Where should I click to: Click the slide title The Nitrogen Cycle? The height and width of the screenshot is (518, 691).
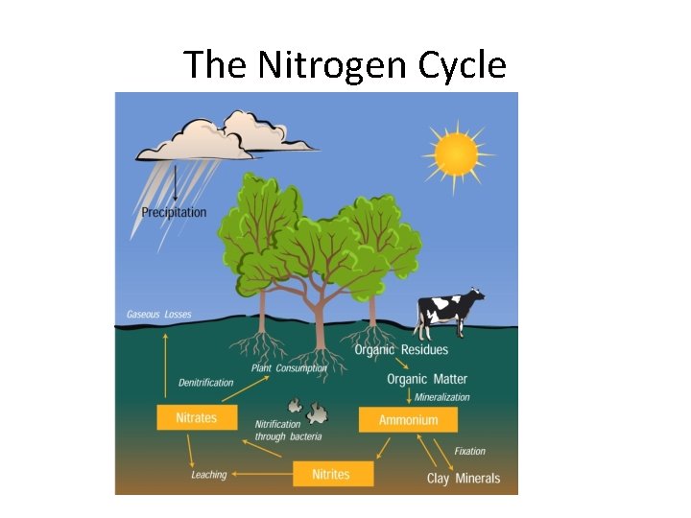click(x=345, y=65)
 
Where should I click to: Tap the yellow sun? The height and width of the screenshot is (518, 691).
click(x=455, y=153)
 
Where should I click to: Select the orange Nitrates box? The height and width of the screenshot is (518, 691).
click(x=196, y=417)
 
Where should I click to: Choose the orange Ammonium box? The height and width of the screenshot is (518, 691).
click(x=408, y=420)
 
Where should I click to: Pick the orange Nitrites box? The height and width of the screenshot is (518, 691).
click(x=330, y=474)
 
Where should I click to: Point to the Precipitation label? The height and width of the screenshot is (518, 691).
click(x=174, y=212)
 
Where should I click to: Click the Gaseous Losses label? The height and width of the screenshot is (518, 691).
click(x=159, y=315)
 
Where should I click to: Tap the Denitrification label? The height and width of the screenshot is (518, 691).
click(x=205, y=383)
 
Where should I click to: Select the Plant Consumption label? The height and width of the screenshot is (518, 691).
click(x=289, y=368)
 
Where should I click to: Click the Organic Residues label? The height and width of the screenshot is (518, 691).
click(x=401, y=350)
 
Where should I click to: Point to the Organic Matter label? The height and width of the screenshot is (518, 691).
click(x=427, y=380)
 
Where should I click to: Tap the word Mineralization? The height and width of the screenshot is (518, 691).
click(x=442, y=397)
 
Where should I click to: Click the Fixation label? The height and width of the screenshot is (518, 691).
click(x=469, y=451)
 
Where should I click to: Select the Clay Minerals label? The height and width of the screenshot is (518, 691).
click(x=464, y=479)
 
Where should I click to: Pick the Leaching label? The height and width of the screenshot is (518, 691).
click(x=208, y=475)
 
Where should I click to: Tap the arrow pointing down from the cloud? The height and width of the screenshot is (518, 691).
click(x=175, y=182)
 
